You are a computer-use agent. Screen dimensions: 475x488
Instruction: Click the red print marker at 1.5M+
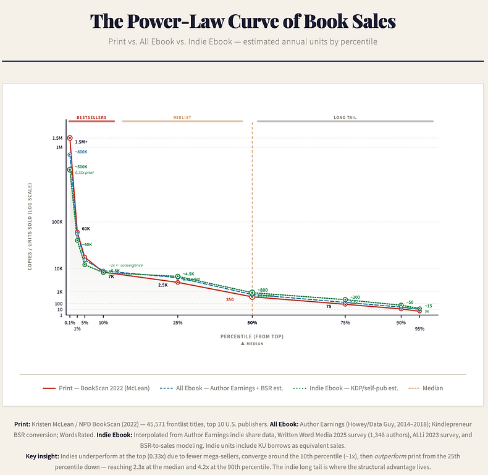coord(70,138)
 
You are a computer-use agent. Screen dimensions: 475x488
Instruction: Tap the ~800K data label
coord(82,152)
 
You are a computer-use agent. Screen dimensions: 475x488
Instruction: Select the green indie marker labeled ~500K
coord(70,169)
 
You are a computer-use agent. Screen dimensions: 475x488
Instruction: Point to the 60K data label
coord(86,229)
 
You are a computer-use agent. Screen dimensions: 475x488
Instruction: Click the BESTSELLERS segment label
coord(91,117)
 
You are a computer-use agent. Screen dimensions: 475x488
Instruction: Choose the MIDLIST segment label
coord(182,117)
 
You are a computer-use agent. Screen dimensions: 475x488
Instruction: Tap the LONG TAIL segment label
coord(345,117)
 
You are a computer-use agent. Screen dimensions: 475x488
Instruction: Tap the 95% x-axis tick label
coord(419,328)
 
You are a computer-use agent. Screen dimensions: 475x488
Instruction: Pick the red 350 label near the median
coord(230,299)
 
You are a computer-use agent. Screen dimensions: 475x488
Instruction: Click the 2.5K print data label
coord(163,285)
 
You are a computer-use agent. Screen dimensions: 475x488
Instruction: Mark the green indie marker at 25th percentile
coord(178,276)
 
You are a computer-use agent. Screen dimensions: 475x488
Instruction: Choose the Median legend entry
coord(426,388)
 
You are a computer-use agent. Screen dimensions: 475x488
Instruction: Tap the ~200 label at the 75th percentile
coord(355,297)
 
